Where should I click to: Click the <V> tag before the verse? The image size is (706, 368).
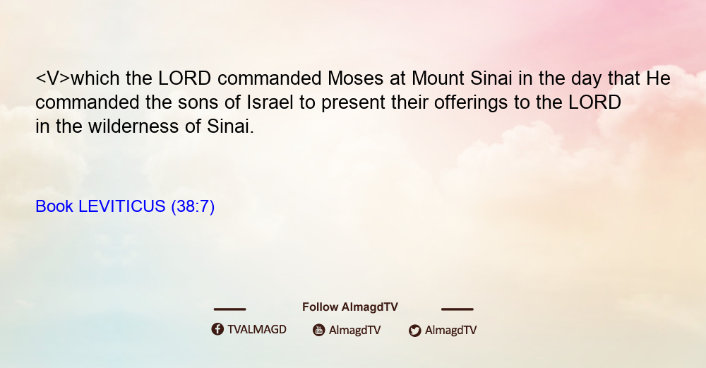click(53, 79)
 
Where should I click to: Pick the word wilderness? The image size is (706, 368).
click(133, 126)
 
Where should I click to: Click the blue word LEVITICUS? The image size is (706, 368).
click(122, 206)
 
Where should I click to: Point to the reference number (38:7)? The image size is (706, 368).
click(193, 206)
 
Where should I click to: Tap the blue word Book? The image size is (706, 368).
click(54, 206)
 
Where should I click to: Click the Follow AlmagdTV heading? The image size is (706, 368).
click(350, 307)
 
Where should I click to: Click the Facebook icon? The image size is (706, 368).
click(217, 329)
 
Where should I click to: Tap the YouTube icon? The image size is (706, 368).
click(319, 330)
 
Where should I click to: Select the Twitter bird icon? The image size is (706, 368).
click(414, 331)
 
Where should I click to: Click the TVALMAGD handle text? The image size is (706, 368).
click(257, 330)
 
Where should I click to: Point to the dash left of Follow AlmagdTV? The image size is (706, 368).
click(229, 309)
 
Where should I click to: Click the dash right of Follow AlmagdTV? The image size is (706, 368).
click(457, 309)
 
